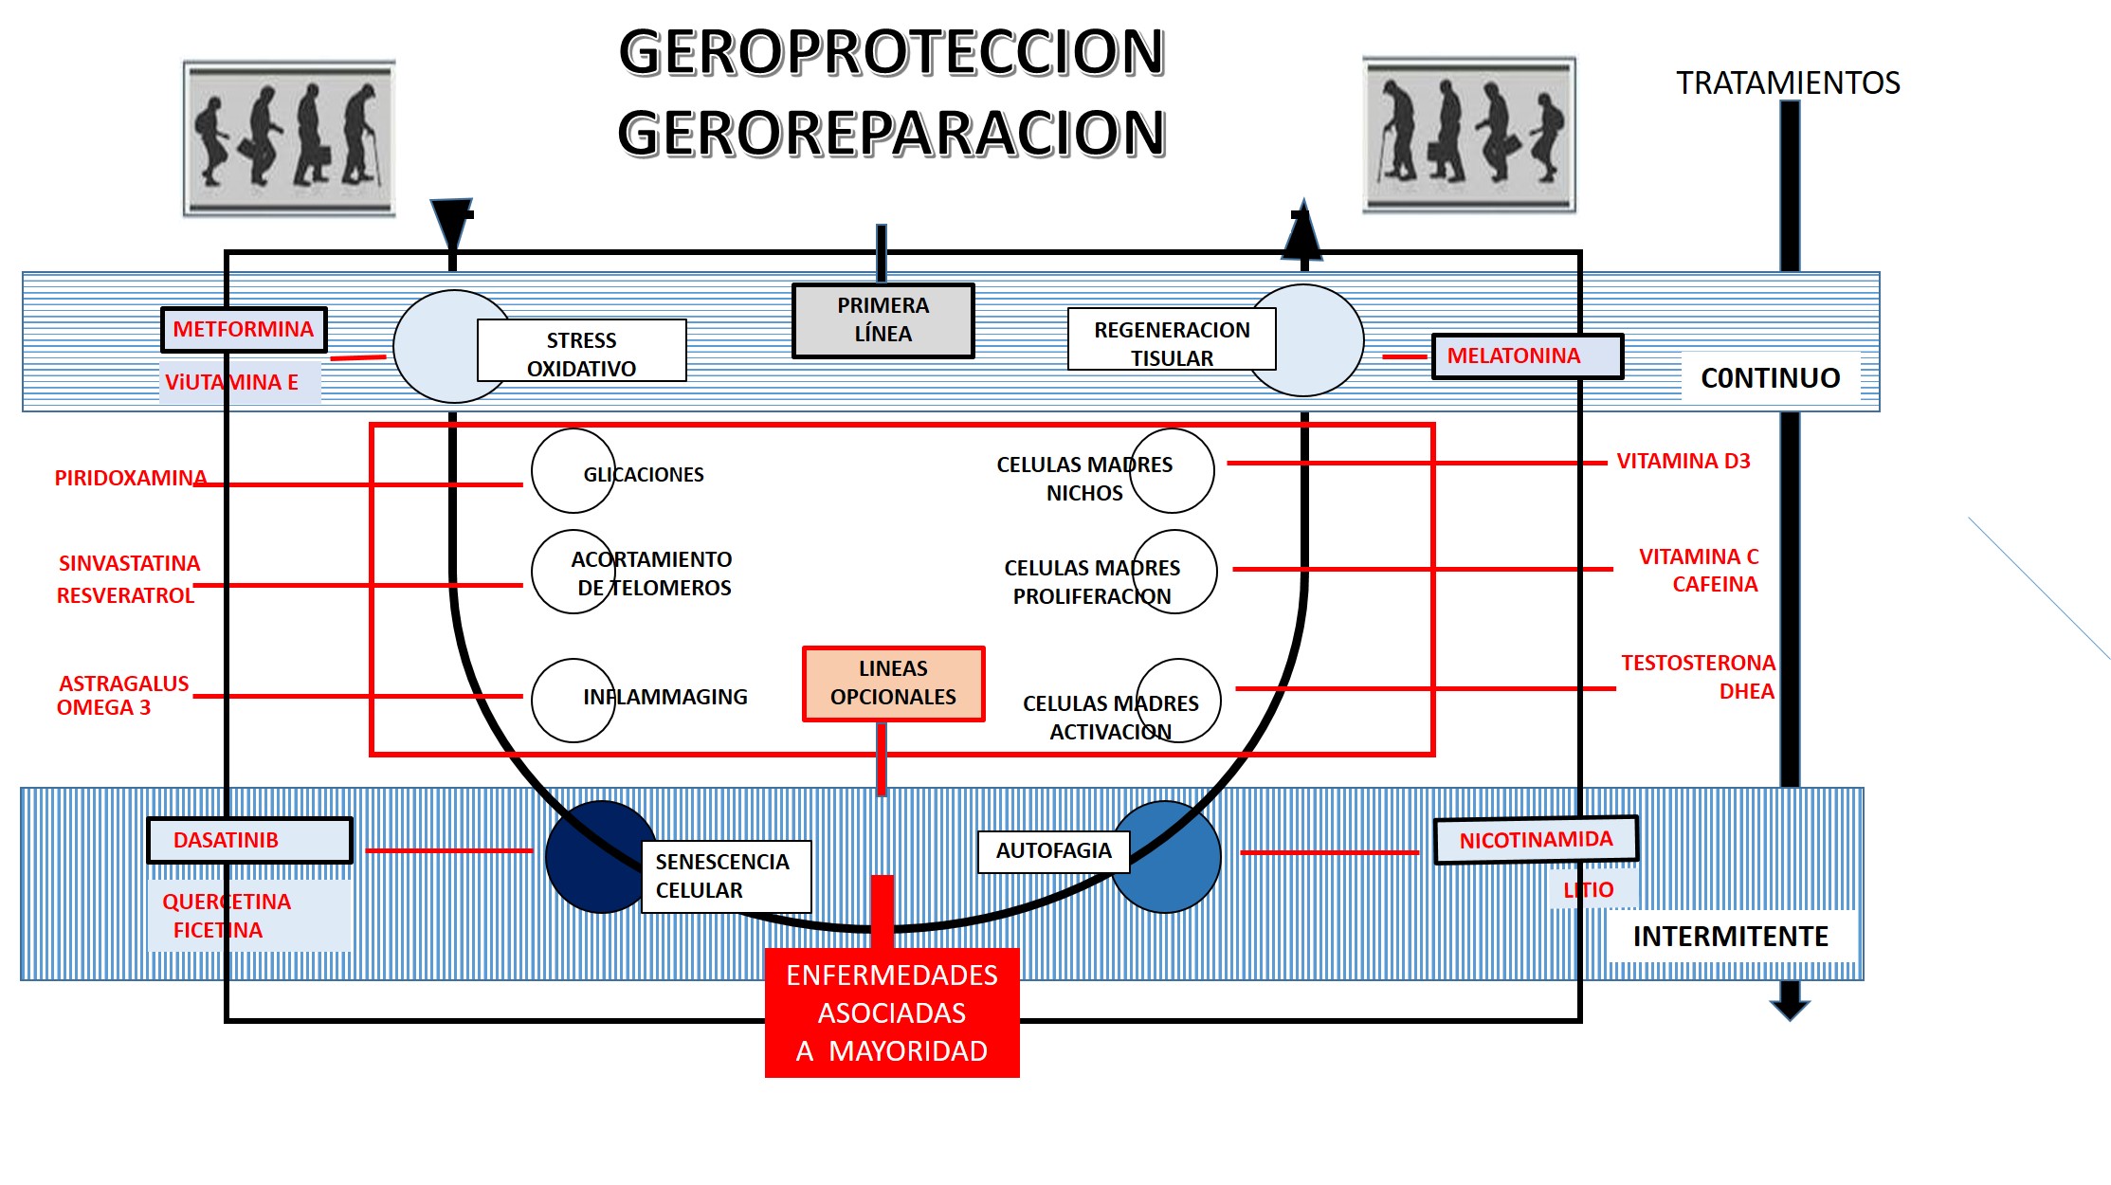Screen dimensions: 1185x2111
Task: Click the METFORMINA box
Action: tap(244, 330)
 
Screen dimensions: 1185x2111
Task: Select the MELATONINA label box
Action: tap(1526, 356)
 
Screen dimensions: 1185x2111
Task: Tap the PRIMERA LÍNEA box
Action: tap(883, 320)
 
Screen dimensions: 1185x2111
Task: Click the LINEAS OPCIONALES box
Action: tap(893, 684)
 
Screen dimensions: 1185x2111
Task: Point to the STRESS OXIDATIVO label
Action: tap(581, 354)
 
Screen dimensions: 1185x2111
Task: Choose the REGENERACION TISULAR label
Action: tap(1172, 342)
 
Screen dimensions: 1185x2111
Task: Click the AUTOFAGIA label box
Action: tap(1053, 851)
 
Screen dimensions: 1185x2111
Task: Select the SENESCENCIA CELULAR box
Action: tap(725, 876)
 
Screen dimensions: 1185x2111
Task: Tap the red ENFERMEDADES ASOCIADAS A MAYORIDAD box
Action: tap(892, 1012)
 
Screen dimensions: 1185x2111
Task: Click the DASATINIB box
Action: tap(249, 841)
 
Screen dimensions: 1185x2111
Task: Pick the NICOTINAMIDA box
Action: tap(1536, 840)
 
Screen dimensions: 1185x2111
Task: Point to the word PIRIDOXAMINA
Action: tap(130, 478)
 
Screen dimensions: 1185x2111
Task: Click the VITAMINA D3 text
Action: tap(1683, 462)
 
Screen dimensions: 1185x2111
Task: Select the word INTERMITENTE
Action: tap(1730, 937)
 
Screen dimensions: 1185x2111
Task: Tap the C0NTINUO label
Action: tap(1770, 378)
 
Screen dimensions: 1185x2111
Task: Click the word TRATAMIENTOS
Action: tap(1788, 83)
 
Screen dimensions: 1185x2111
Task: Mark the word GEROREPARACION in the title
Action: tap(891, 134)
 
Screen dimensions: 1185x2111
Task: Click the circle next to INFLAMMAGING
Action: tap(573, 701)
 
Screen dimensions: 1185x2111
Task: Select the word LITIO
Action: tap(1589, 890)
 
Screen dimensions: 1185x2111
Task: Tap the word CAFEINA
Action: tap(1714, 584)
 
